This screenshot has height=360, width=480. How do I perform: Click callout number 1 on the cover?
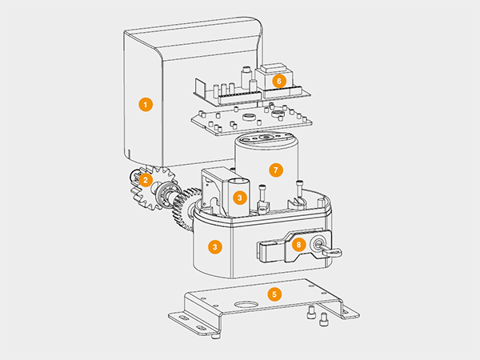tap(146, 104)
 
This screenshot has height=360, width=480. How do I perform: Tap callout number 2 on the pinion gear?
tap(146, 180)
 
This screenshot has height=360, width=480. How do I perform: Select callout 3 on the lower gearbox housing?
tap(215, 247)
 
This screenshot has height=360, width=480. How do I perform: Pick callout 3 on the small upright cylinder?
tap(240, 198)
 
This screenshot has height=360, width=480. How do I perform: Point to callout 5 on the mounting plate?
tap(274, 294)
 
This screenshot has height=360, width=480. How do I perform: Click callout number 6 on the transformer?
tap(279, 81)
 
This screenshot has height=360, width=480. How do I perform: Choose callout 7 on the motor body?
tap(276, 170)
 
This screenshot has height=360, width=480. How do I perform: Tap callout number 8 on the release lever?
tap(298, 245)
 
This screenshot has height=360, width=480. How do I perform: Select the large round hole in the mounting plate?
tap(246, 304)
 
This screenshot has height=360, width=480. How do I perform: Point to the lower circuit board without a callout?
tap(252, 120)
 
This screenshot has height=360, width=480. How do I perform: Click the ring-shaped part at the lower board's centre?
tap(249, 117)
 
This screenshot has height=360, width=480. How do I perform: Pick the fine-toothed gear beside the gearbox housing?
tap(185, 209)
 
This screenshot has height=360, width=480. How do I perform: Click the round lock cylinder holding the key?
tap(317, 244)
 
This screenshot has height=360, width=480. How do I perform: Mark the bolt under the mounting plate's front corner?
tap(217, 336)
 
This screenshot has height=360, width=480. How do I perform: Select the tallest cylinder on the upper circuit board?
tap(246, 77)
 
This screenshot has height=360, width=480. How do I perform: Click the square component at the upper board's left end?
tap(199, 86)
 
